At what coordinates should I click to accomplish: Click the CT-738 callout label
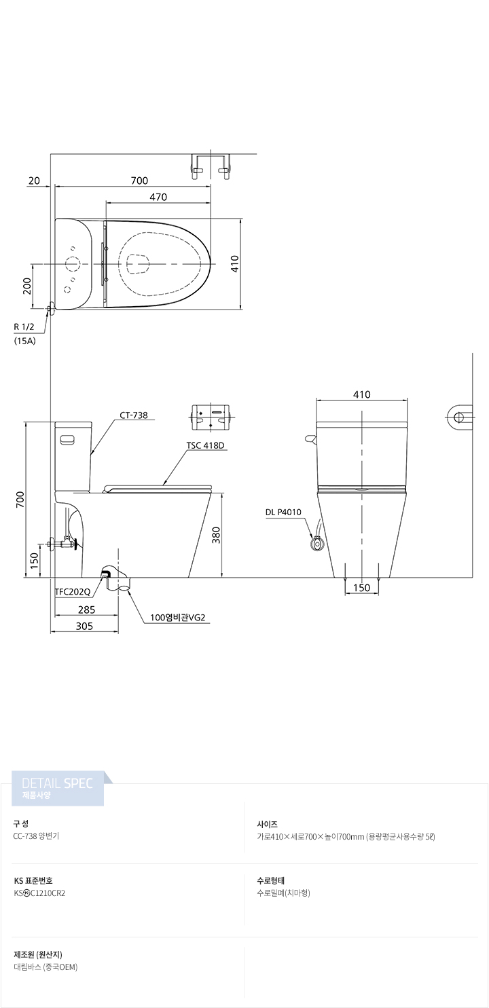point(134,415)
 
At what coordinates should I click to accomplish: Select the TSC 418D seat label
point(205,445)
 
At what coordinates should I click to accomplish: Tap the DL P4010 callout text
point(283,512)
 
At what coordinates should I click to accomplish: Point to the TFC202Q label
point(73,592)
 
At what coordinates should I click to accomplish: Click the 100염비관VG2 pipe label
point(177,618)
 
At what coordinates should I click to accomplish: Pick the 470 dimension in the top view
point(158,197)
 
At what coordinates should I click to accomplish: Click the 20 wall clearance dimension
point(34,181)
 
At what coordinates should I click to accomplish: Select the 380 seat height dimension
point(217,535)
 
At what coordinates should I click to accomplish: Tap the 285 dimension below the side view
point(86,610)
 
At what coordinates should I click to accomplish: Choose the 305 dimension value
point(84,626)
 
